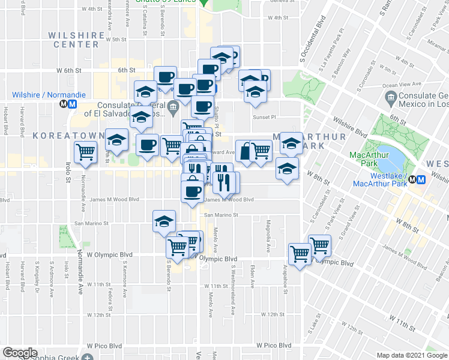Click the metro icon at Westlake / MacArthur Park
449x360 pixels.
pos(421,179)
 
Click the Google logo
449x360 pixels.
pos(20,352)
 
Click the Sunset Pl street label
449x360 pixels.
pos(264,118)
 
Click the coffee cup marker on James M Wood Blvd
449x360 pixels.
pos(193,191)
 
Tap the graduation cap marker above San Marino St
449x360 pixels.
pos(164,221)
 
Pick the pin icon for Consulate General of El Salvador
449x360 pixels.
pos(174,109)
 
